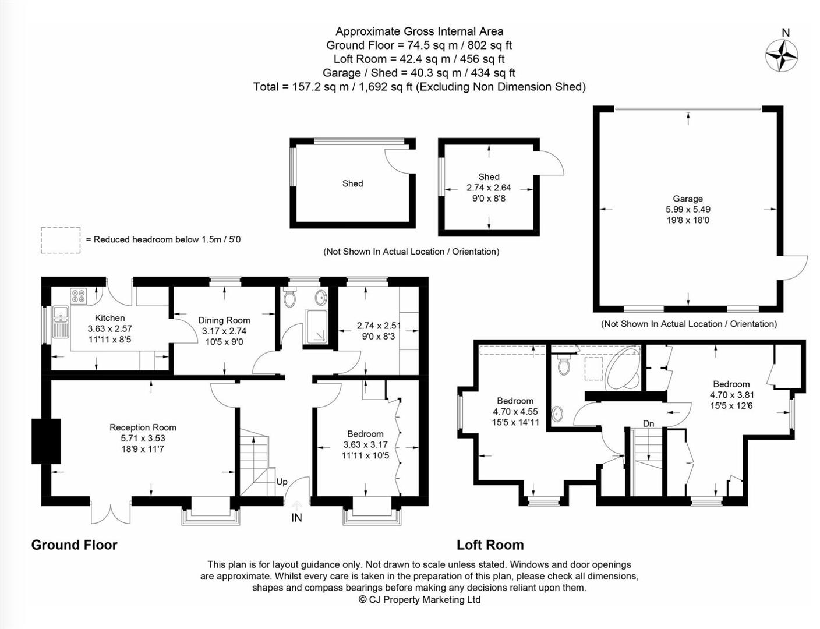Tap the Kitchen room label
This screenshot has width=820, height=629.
(109, 318)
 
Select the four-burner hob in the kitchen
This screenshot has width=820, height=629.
(79, 296)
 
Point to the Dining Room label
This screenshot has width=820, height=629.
(224, 320)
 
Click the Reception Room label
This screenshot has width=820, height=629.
(143, 427)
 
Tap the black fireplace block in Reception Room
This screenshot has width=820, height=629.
(47, 441)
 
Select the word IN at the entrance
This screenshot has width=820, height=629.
(296, 518)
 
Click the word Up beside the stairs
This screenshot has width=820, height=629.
(282, 482)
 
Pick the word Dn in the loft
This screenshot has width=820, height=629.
(648, 423)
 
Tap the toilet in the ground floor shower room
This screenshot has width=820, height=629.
(289, 299)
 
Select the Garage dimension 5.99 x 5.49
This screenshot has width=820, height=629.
(688, 210)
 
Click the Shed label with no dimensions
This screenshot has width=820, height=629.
(352, 183)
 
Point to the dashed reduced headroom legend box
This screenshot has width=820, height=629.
(61, 240)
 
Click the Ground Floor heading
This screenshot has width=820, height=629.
(74, 545)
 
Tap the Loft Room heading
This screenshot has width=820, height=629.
(490, 545)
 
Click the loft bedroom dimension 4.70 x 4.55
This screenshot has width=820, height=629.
(515, 412)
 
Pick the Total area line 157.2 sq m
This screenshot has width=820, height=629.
(419, 87)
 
